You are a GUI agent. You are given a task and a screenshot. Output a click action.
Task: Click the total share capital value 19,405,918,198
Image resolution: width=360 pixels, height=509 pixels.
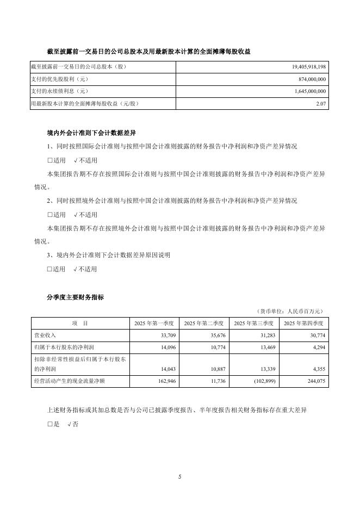[305, 66]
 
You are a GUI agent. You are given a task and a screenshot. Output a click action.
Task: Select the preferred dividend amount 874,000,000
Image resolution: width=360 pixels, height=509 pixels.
[309, 79]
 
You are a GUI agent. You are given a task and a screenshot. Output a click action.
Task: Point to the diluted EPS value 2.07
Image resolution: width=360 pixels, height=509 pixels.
[320, 104]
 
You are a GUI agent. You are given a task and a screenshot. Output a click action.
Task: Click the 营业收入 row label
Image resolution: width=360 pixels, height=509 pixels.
[45, 335]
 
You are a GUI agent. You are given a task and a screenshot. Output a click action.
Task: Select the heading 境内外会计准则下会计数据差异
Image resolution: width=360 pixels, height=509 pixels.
[91, 133]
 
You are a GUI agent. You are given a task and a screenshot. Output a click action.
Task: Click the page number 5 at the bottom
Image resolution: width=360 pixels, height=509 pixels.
[179, 476]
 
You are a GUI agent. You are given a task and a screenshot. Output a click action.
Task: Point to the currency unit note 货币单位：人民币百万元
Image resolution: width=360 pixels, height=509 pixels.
[290, 311]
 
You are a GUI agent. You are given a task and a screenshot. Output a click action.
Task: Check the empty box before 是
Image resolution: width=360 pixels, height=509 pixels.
[50, 423]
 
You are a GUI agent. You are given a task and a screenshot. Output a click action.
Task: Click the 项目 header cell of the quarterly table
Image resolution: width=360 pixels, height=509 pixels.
[80, 323]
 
